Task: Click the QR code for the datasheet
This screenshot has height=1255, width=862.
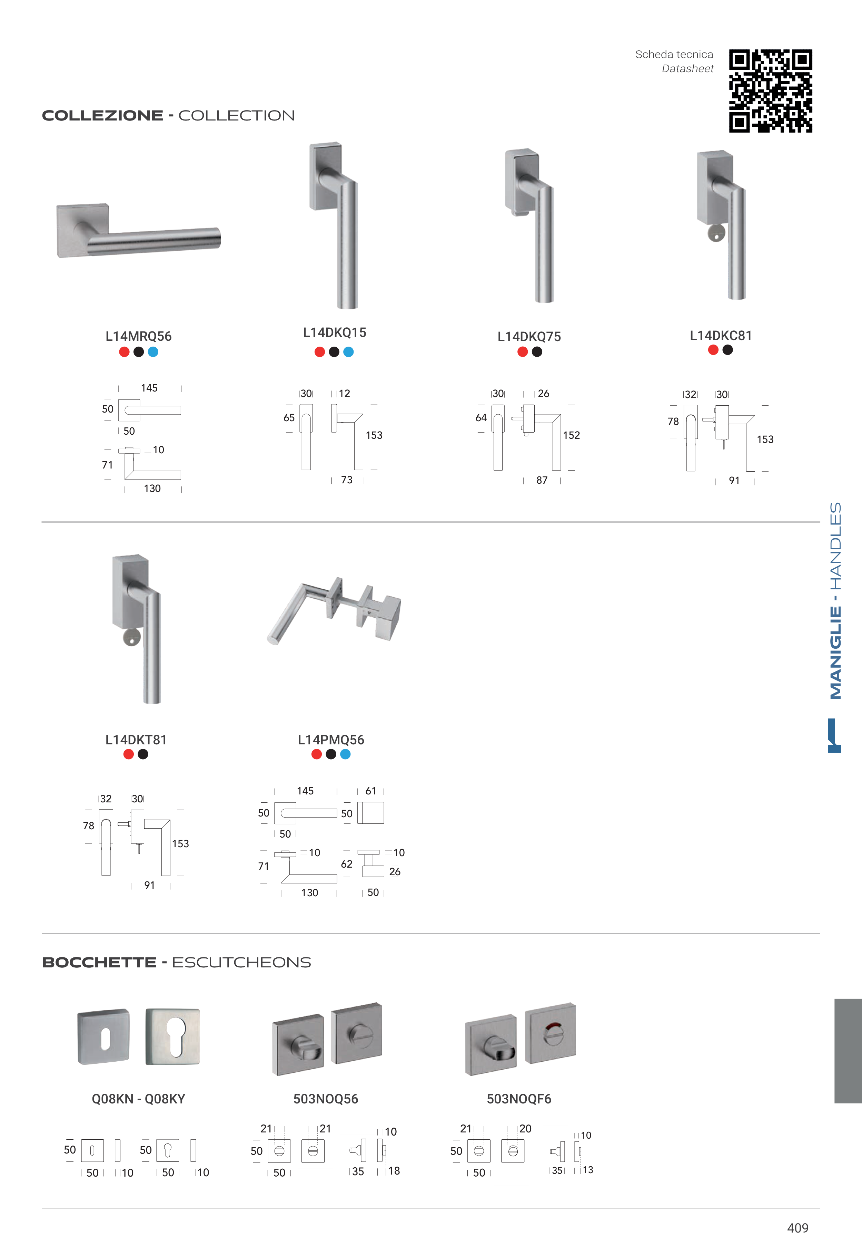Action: (770, 91)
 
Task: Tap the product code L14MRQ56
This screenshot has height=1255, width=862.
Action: (138, 336)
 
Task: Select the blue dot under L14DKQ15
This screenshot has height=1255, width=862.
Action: (348, 352)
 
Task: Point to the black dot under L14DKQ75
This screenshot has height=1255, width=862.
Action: (537, 352)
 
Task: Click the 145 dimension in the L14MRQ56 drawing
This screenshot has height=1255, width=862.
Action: (149, 388)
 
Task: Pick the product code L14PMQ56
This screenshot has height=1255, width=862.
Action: (331, 740)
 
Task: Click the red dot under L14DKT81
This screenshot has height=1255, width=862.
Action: (129, 754)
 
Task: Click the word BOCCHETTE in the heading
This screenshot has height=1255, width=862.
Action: (99, 962)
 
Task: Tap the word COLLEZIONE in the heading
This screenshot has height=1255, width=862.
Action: (103, 116)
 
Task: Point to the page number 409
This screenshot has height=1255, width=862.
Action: (798, 1228)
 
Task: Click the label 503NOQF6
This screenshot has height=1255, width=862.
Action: (519, 1099)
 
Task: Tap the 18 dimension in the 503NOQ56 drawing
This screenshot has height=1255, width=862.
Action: (394, 1171)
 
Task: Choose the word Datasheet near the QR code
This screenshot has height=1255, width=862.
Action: (687, 69)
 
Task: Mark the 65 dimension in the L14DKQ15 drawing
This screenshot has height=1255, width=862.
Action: (289, 418)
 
